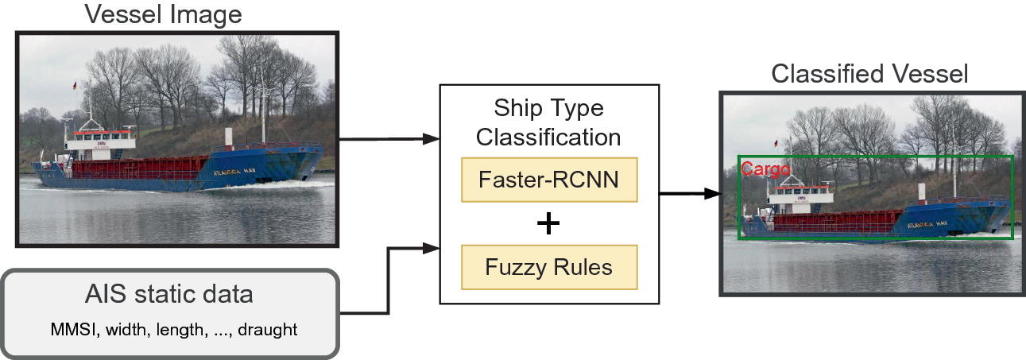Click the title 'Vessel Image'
pyautogui.click(x=163, y=14)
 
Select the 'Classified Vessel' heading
pyautogui.click(x=870, y=74)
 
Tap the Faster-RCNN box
pyautogui.click(x=549, y=180)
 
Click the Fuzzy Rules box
pyautogui.click(x=549, y=267)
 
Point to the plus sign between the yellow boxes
pyautogui.click(x=548, y=224)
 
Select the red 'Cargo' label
pyautogui.click(x=765, y=168)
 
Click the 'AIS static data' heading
pyautogui.click(x=169, y=295)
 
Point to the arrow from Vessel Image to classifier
pyautogui.click(x=389, y=139)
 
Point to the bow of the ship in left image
pyautogui.click(x=314, y=155)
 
